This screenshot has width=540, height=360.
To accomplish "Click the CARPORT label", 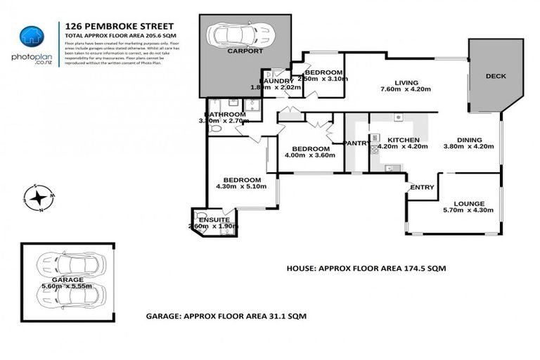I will pos(244,51).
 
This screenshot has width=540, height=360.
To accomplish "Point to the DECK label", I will pos(496,77).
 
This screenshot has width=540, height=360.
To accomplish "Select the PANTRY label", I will pos(356,143).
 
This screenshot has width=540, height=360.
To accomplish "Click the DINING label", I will pos(469,139).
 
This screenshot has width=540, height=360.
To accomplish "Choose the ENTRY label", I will pos(422,187).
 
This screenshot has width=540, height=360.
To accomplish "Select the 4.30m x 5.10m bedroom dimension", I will pos(242,186).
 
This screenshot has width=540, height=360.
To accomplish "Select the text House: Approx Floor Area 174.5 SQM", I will pos(366,269).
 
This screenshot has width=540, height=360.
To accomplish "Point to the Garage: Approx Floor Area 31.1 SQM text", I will pos(226,316).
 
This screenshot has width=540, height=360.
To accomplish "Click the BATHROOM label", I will pos(225,115).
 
